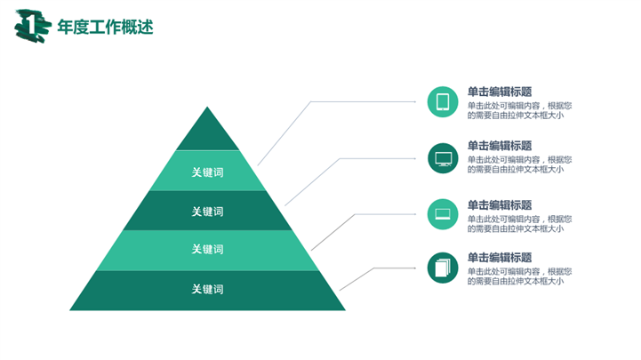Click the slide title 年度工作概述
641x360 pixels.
[x=105, y=27]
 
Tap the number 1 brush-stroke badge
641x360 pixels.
[x=33, y=26]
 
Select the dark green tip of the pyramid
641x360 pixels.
[x=207, y=128]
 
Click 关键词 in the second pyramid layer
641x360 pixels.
[x=208, y=172]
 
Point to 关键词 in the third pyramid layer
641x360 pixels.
[x=208, y=212]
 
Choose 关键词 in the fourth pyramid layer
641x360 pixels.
[x=208, y=249]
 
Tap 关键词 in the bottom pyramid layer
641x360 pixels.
[x=208, y=289]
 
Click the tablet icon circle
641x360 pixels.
[x=443, y=101]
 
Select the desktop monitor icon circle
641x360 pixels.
[x=443, y=158]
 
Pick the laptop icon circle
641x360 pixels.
[x=443, y=214]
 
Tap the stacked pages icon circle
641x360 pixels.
[x=443, y=268]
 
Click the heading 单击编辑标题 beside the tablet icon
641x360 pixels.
[x=500, y=92]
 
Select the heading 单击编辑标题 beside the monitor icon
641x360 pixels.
[x=500, y=146]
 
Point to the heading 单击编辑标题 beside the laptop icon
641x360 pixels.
[x=500, y=205]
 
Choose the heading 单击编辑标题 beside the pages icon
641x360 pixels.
[x=500, y=258]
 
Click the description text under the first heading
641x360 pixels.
[x=519, y=111]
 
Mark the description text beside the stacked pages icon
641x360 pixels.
[x=519, y=276]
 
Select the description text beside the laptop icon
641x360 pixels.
[x=519, y=224]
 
